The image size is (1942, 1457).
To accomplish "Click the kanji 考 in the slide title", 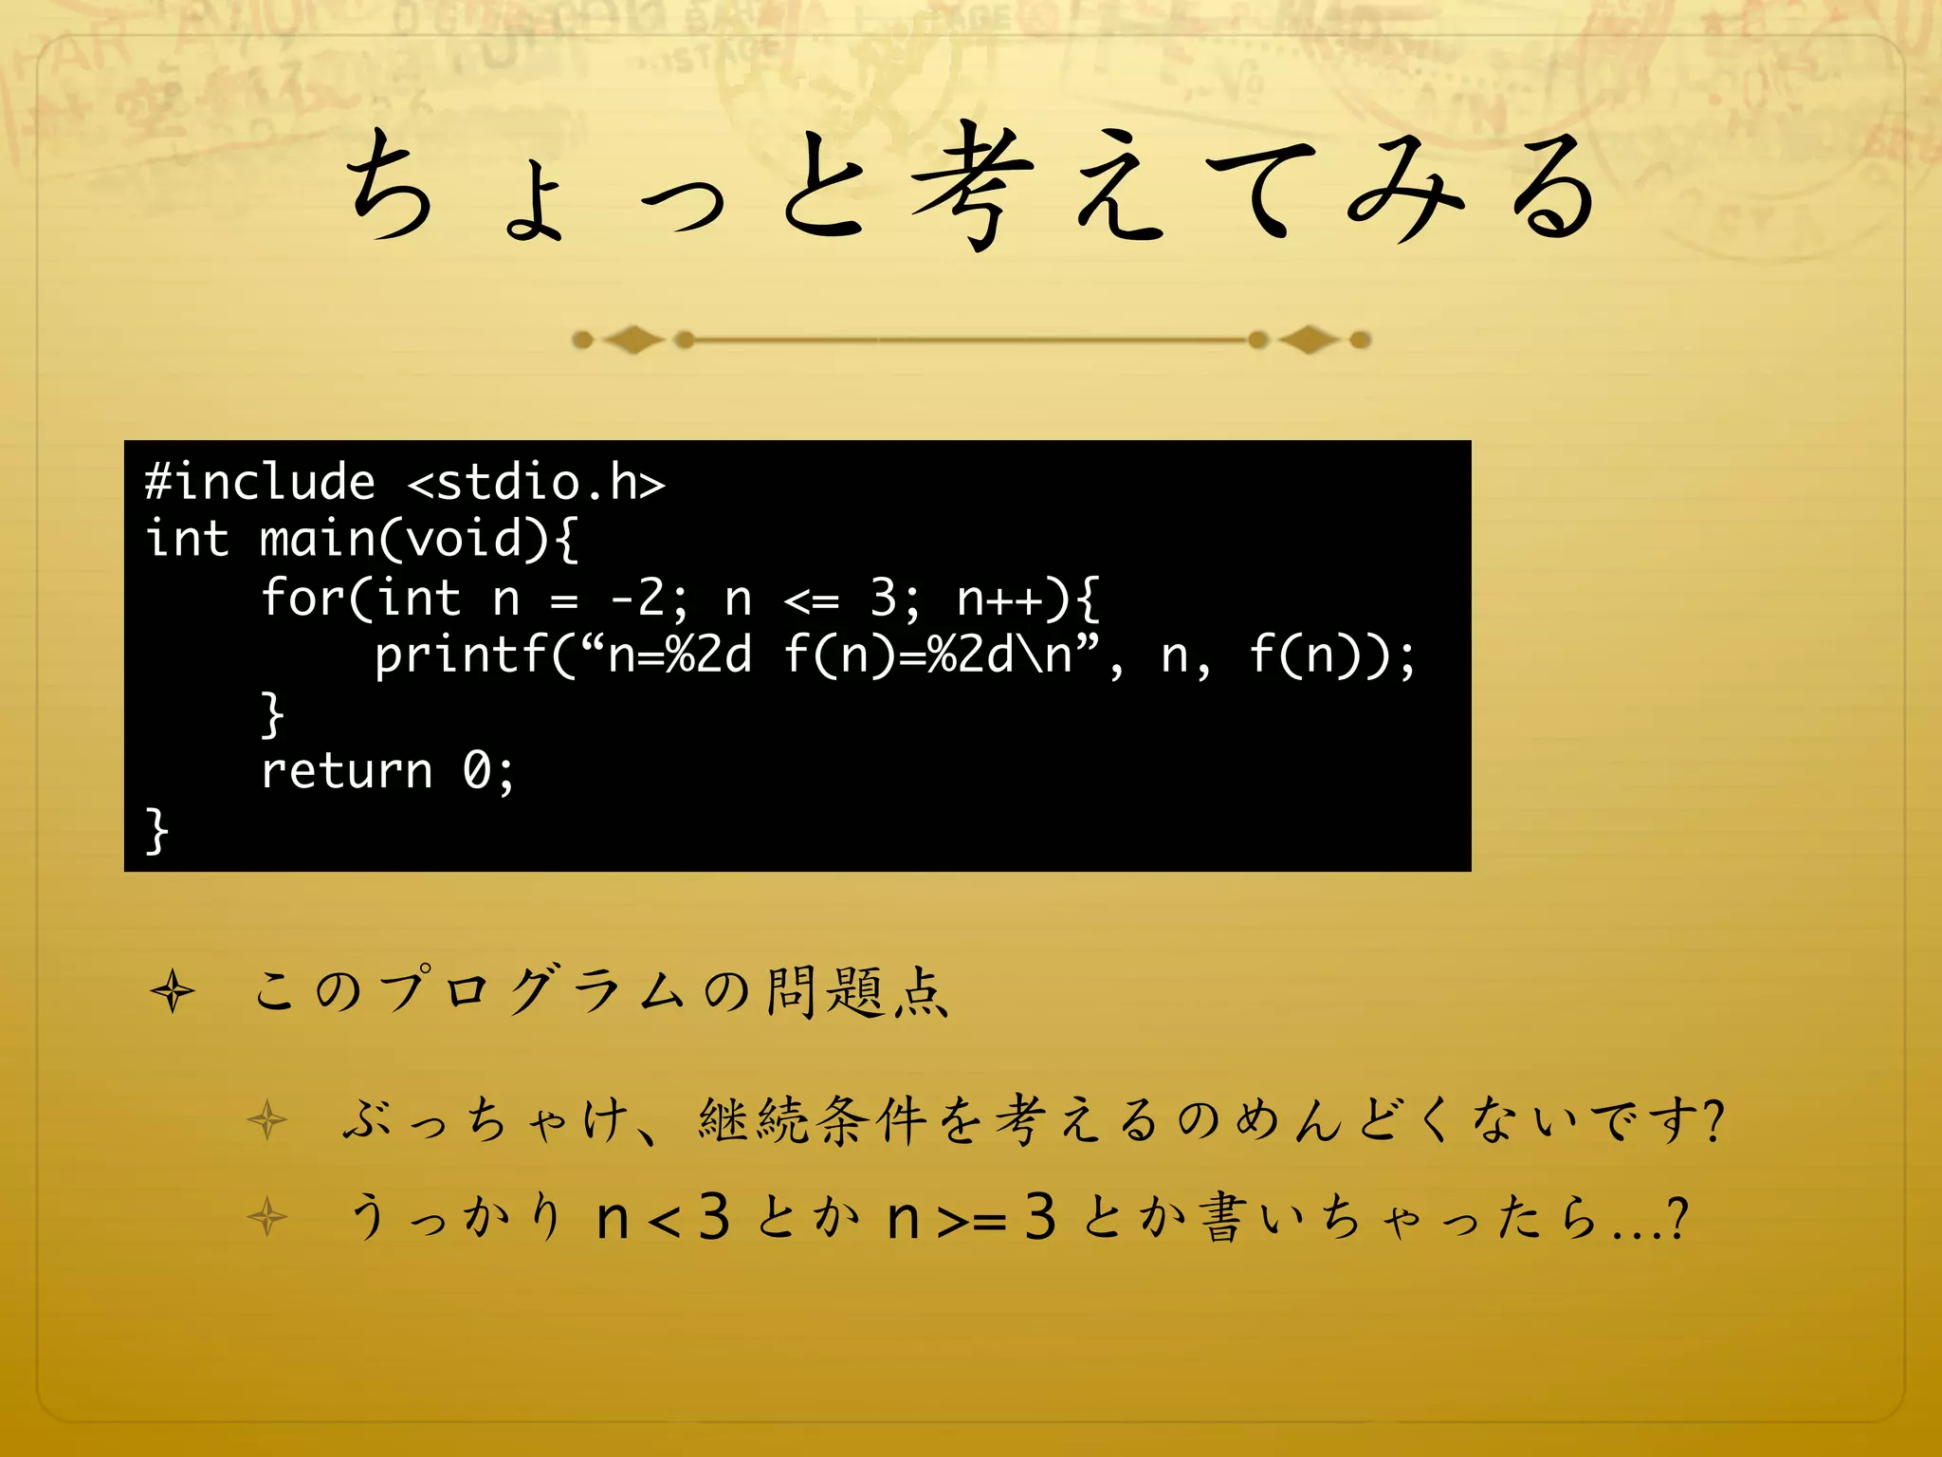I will coord(972,185).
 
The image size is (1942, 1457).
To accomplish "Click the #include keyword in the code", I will coord(260,482).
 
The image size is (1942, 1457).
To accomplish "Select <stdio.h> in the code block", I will coord(537,482).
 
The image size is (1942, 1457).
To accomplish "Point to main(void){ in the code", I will coord(418,540).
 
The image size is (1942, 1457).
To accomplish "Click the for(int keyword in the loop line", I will coord(360,598).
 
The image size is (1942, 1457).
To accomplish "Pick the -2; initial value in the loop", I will coord(650,598).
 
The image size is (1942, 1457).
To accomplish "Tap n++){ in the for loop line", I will coord(1028,598).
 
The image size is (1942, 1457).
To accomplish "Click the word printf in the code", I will coord(461,655).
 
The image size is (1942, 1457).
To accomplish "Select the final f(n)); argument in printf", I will coord(1332,655).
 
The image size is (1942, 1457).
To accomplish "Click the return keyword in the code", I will coord(346,770).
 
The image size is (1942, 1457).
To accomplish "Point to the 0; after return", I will coord(489,770).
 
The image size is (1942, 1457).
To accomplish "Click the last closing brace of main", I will coord(156,830).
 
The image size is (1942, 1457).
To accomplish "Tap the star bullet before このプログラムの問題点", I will coord(173,992).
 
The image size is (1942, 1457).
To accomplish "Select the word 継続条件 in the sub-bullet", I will coord(812,1119).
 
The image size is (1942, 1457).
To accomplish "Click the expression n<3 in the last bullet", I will coord(663,1218).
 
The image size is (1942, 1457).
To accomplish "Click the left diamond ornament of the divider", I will coord(633,339).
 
